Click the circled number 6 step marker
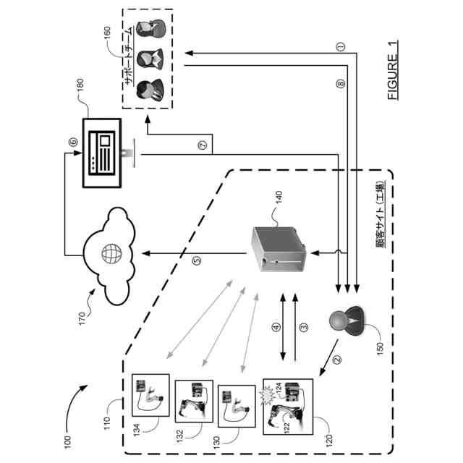coord(72,142)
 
